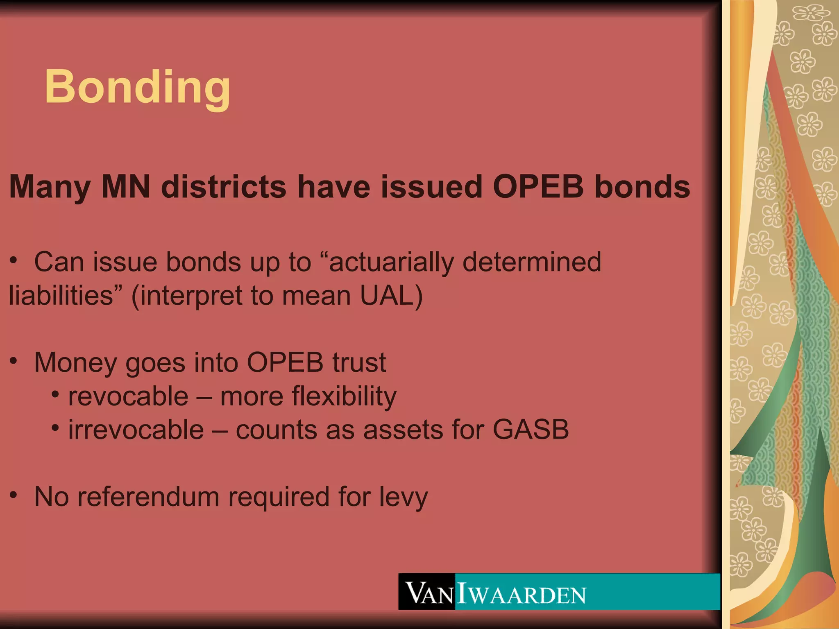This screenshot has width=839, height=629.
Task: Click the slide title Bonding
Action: click(137, 87)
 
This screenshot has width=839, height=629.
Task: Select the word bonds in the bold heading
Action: click(642, 187)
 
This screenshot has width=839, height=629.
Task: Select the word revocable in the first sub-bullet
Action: click(128, 396)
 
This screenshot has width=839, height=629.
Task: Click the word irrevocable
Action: click(136, 430)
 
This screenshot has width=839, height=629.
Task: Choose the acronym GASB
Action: click(531, 430)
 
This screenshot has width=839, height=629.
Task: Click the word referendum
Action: click(149, 497)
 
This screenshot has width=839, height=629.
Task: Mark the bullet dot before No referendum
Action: click(14, 495)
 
